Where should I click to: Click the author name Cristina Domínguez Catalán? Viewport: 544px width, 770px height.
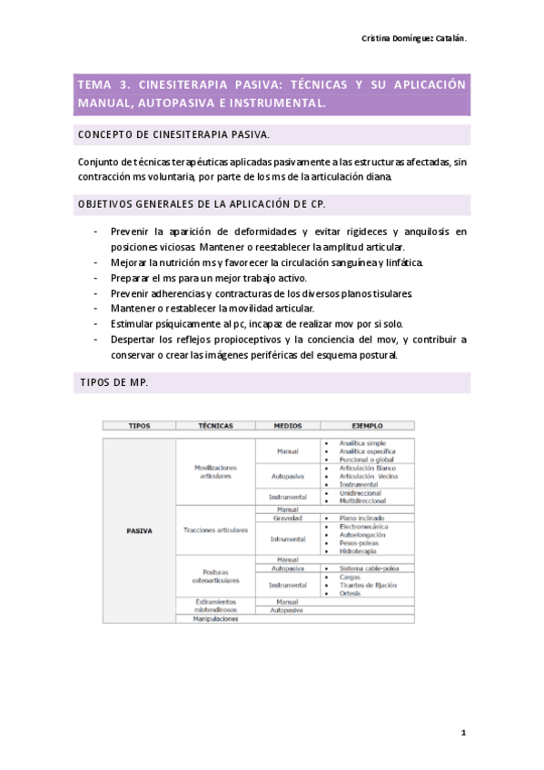413,40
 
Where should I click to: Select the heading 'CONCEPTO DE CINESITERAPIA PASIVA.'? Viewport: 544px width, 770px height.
173,135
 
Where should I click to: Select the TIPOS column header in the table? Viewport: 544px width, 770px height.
140,425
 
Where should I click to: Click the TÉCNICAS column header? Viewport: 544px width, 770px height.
214,425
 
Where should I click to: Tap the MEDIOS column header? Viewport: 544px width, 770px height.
287,425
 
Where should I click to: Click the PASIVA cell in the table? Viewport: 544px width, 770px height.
139,528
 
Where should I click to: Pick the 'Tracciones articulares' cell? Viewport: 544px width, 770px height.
215,530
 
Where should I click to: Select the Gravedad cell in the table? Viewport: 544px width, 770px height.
287,518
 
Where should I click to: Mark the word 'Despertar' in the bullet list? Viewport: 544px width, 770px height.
135,340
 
